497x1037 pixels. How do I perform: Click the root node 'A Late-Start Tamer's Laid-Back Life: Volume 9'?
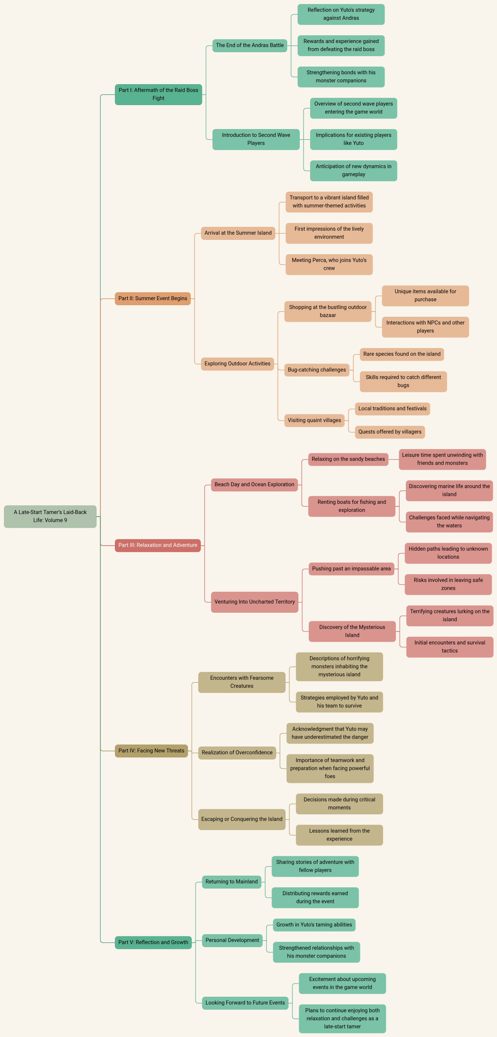click(50, 516)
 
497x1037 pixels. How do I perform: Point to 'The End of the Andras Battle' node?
click(250, 45)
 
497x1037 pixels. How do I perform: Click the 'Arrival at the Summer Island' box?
click(238, 233)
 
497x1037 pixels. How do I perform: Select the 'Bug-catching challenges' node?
click(316, 370)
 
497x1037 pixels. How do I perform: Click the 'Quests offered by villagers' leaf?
click(390, 432)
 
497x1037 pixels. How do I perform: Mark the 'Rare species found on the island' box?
click(402, 354)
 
